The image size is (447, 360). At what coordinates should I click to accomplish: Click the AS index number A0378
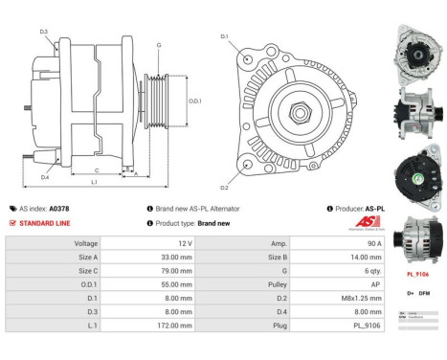tap(59, 208)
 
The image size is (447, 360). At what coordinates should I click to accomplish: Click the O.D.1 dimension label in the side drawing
tap(194, 101)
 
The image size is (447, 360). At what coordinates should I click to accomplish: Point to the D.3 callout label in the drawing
tap(44, 33)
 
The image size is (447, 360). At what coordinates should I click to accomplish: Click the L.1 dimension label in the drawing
tap(94, 182)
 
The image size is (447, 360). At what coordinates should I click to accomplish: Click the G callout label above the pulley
tap(158, 46)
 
